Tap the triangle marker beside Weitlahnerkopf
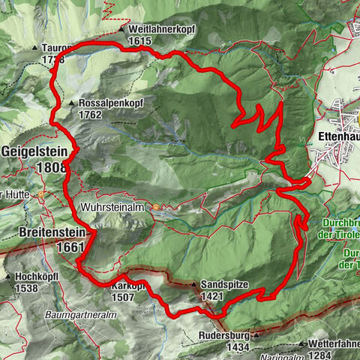(121, 29)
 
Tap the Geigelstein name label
(34, 150)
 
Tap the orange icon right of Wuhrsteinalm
(156, 207)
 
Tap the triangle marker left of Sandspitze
(193, 286)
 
